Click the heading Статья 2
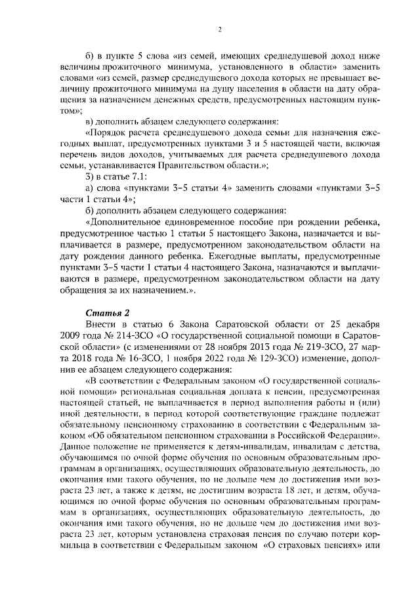tap(104, 312)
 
